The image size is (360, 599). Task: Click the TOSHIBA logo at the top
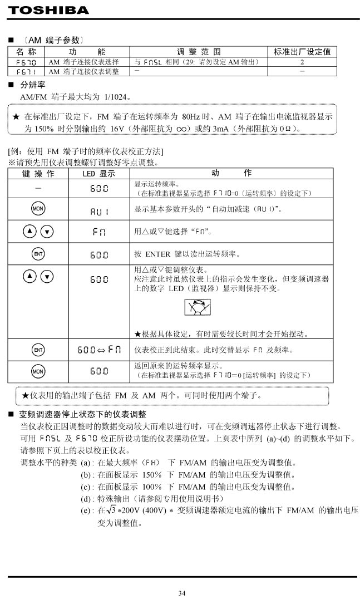(x=49, y=10)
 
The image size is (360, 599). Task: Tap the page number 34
(x=181, y=593)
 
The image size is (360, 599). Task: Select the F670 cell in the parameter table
(x=26, y=62)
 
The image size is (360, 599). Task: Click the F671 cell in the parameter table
(x=26, y=72)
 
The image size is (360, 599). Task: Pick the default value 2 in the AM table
(x=302, y=62)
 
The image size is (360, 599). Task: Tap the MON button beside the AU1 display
(x=38, y=210)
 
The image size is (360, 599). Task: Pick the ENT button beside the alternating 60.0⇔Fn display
(x=38, y=350)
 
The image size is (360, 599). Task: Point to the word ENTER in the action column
(x=158, y=254)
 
